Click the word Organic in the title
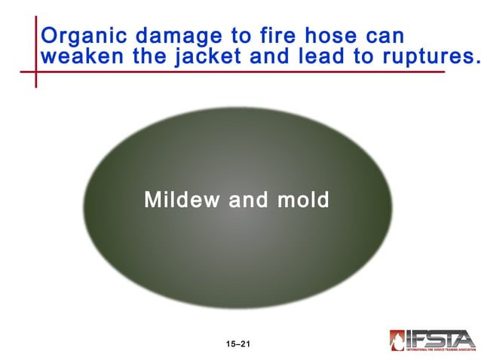(x=77, y=37)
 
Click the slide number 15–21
(x=237, y=344)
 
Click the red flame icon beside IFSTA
(x=397, y=340)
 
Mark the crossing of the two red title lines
(x=35, y=72)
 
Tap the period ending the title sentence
(x=476, y=63)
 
